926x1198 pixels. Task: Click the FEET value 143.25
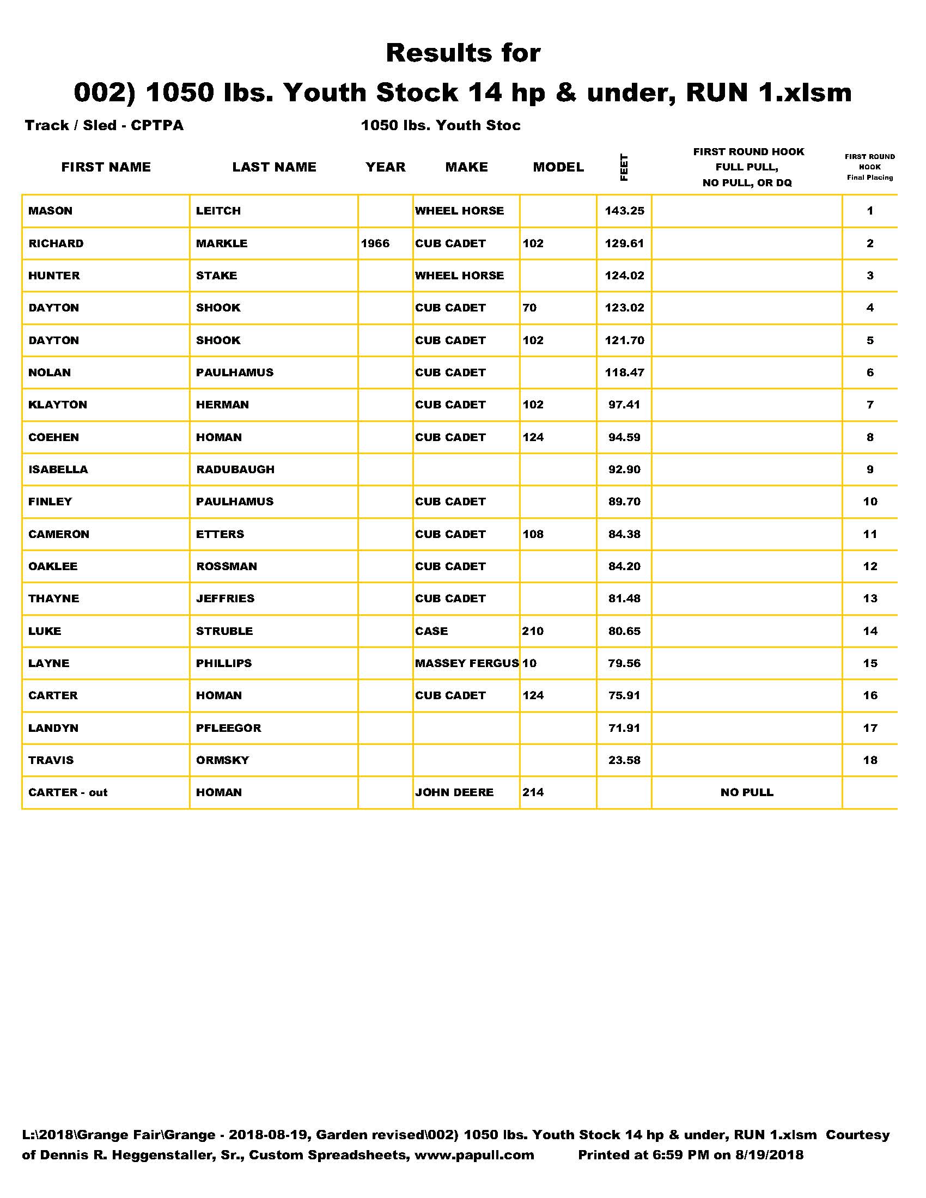coord(624,211)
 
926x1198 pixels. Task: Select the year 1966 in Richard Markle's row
coord(375,243)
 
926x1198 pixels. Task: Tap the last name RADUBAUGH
coord(235,469)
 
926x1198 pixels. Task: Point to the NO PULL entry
coord(747,793)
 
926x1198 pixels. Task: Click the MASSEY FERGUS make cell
coord(466,663)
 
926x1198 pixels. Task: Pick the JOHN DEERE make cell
coord(454,793)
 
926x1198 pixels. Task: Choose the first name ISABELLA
coord(58,469)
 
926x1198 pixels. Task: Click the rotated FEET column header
coord(624,167)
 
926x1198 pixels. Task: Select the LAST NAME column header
coord(275,167)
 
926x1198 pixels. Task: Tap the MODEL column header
coord(558,167)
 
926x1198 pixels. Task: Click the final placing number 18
coord(870,760)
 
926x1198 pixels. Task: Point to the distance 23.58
coord(624,760)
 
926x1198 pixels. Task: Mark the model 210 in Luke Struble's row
coord(533,631)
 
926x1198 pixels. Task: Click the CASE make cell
coord(431,631)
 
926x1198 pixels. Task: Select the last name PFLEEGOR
coord(229,728)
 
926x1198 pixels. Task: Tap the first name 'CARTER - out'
coord(68,793)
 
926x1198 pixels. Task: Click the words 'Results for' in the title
coord(463,53)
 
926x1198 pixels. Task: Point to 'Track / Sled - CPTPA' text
coord(104,126)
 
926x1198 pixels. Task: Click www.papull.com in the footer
coord(474,1154)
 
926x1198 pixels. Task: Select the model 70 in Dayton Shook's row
coord(529,308)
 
